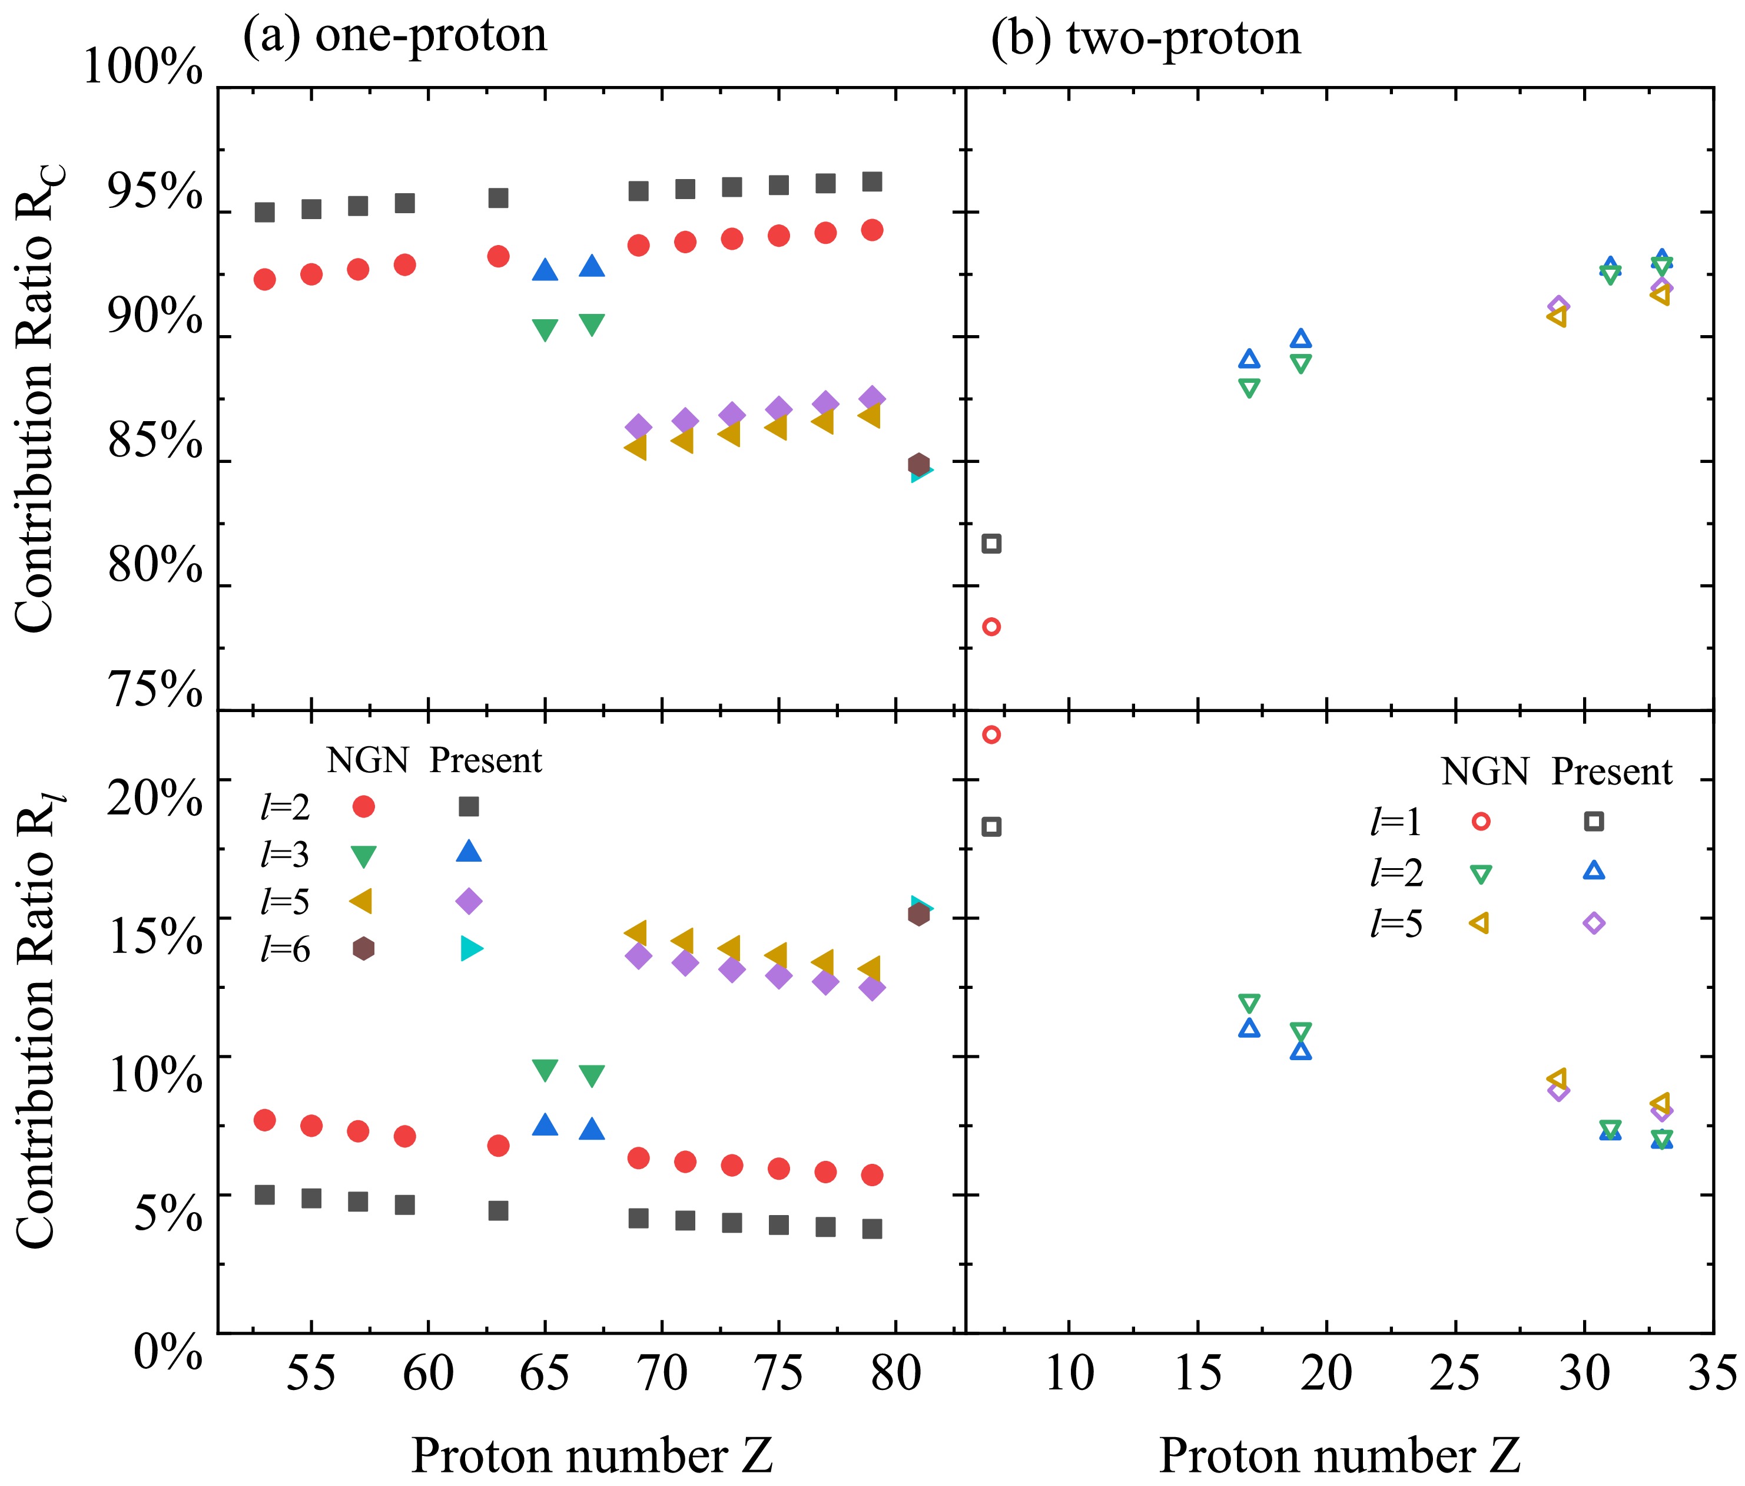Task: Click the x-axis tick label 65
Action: pyautogui.click(x=545, y=1374)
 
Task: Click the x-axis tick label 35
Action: pyautogui.click(x=1712, y=1374)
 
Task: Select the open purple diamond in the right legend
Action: pyautogui.click(x=1594, y=924)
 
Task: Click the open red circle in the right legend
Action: pyautogui.click(x=1479, y=822)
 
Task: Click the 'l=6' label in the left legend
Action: pyautogui.click(x=286, y=950)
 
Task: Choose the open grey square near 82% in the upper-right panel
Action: pyautogui.click(x=991, y=544)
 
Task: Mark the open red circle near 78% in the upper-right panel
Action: pyautogui.click(x=991, y=627)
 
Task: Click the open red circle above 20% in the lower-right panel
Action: pyautogui.click(x=991, y=734)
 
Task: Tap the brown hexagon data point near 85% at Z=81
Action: pyautogui.click(x=919, y=464)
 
